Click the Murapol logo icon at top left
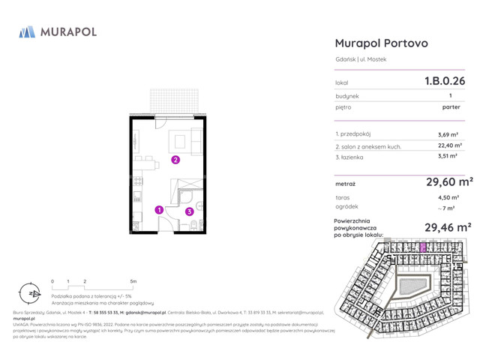27,31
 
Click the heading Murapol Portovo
381,43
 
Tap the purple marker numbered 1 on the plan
159,211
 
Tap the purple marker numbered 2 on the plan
175,160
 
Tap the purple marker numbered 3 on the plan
190,212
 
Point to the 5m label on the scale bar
133,281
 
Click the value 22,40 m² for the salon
448,146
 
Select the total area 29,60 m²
448,181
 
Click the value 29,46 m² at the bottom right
448,226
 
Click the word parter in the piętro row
451,107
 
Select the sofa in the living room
198,141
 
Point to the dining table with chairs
147,162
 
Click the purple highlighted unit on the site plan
422,246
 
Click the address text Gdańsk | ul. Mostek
361,59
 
